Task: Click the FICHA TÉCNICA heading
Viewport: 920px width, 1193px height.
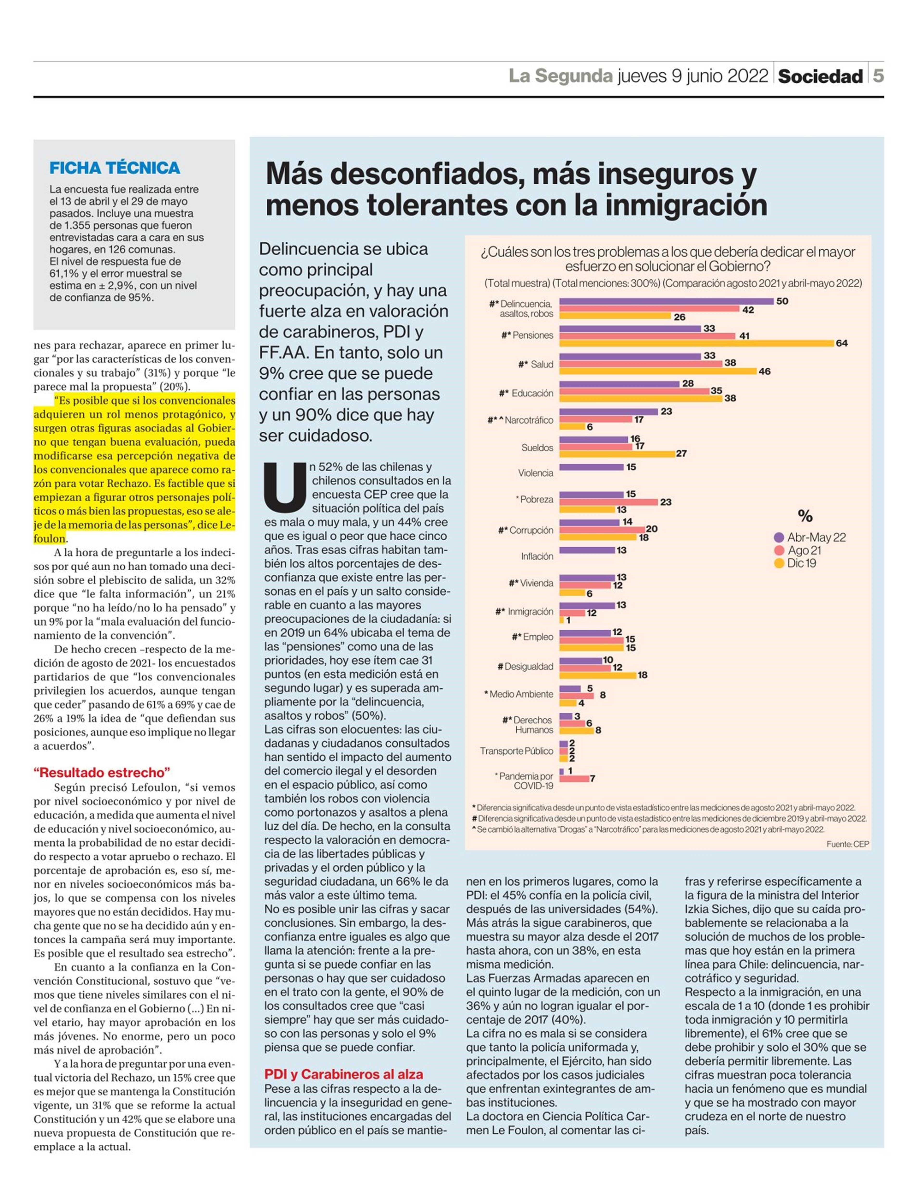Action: coord(115,168)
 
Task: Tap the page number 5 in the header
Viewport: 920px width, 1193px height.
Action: coord(877,76)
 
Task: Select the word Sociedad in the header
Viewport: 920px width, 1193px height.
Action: coord(820,76)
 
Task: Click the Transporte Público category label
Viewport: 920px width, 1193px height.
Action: coord(516,751)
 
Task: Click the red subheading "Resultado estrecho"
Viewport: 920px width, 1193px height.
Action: coord(102,772)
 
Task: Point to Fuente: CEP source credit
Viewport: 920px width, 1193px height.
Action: coord(847,844)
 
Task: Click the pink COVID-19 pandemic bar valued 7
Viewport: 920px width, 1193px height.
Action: coord(574,778)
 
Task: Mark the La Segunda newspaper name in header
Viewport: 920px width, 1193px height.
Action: coord(561,76)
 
